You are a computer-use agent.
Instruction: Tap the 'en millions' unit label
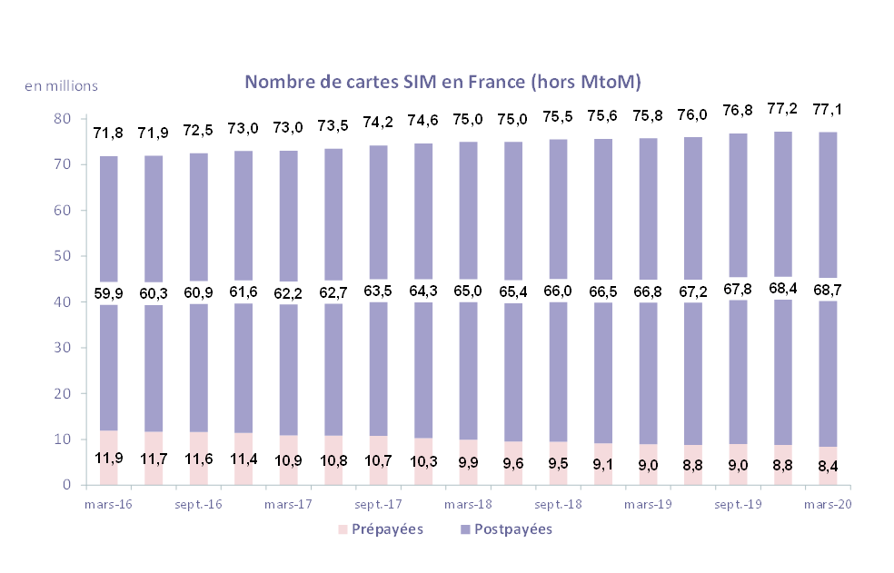click(61, 86)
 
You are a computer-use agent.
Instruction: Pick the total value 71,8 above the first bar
click(108, 134)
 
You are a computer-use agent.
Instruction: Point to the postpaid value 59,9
click(108, 293)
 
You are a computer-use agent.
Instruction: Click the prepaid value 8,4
click(828, 465)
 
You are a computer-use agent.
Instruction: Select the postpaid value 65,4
click(512, 292)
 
